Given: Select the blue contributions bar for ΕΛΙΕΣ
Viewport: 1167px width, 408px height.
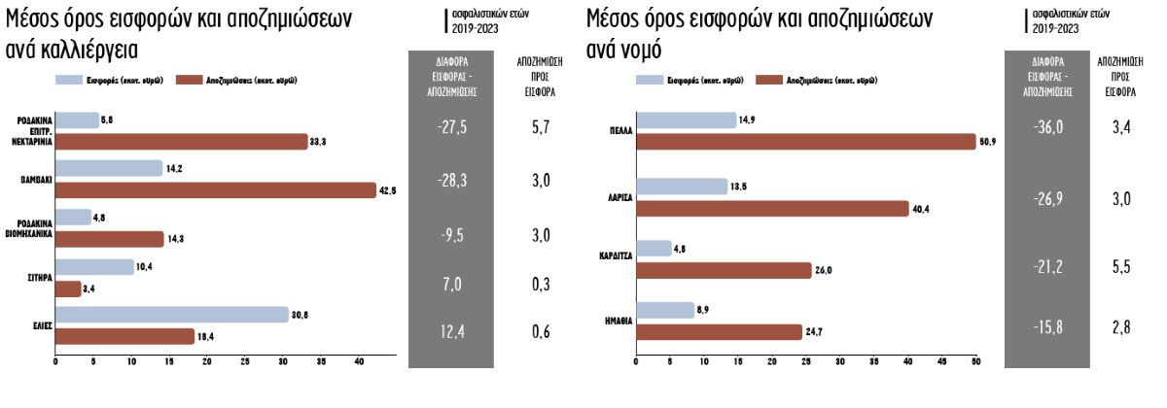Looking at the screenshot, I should [172, 314].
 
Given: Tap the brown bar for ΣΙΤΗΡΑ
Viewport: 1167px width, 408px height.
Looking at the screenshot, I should [68, 289].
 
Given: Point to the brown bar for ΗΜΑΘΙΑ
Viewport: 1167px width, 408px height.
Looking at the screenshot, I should [719, 332].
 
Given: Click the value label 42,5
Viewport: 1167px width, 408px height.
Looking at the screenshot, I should [387, 190].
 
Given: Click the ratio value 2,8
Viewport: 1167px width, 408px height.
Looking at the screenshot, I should [1122, 326].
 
